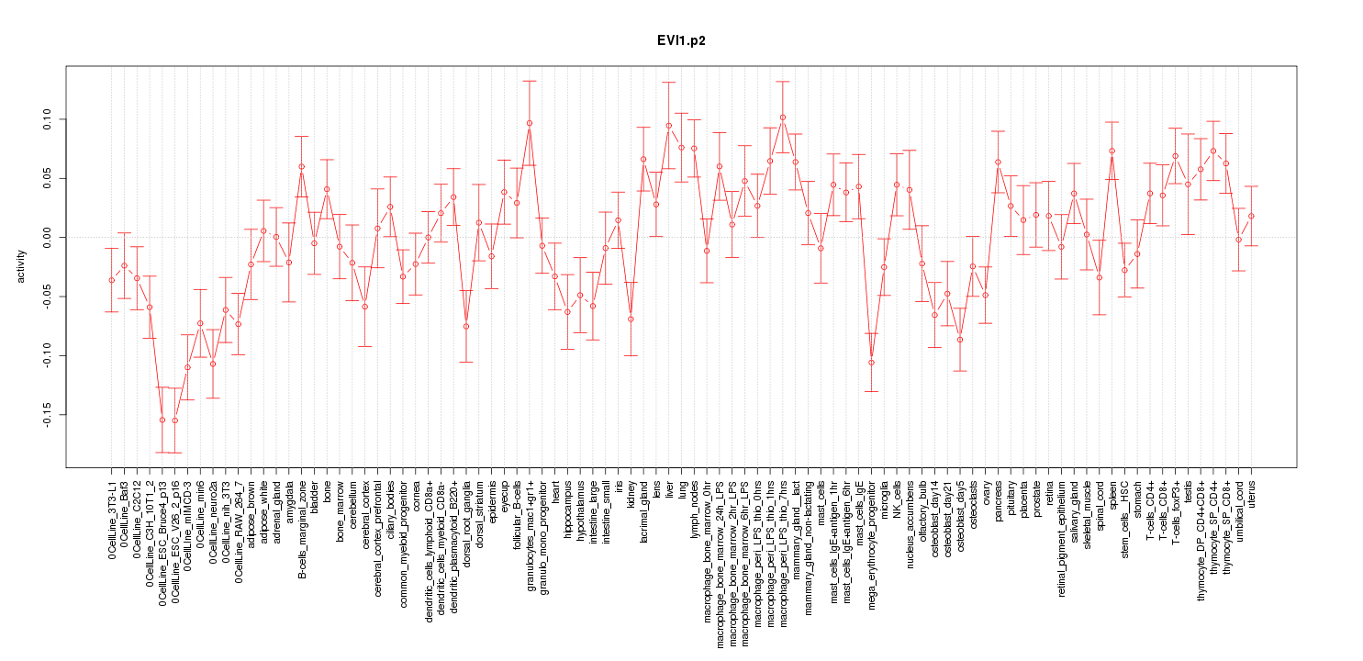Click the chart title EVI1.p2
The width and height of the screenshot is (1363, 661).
coord(681,41)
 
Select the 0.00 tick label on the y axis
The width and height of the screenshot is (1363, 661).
coord(47,237)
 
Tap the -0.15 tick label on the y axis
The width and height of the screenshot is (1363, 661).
coord(47,414)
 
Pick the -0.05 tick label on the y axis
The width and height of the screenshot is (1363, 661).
coord(47,296)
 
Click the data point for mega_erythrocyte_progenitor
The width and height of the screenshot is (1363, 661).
coord(871,362)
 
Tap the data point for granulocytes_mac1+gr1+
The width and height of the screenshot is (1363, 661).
coord(530,123)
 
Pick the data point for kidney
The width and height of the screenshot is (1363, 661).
coord(631,319)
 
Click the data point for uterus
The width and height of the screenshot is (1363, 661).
coord(1251,216)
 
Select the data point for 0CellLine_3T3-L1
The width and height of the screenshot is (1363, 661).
coord(112,280)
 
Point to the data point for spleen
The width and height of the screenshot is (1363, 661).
coord(1112,151)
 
